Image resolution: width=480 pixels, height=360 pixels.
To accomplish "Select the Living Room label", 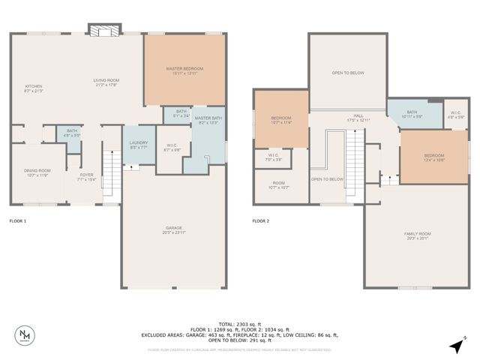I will point(106,82).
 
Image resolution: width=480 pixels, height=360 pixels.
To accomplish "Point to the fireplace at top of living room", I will point(102,30).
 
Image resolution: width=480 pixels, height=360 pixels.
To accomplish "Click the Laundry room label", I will point(138,144).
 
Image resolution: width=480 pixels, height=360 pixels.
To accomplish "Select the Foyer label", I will point(88,177).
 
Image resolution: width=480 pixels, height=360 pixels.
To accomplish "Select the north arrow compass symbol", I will point(456,346).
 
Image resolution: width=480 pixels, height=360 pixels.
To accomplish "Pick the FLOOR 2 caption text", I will point(260,221).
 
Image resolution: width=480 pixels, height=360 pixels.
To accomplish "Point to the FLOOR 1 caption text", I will point(17,221).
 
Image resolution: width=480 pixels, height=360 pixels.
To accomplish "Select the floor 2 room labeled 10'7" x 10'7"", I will point(279,185).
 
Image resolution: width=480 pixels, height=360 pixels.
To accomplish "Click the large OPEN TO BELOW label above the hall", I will point(347,73).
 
